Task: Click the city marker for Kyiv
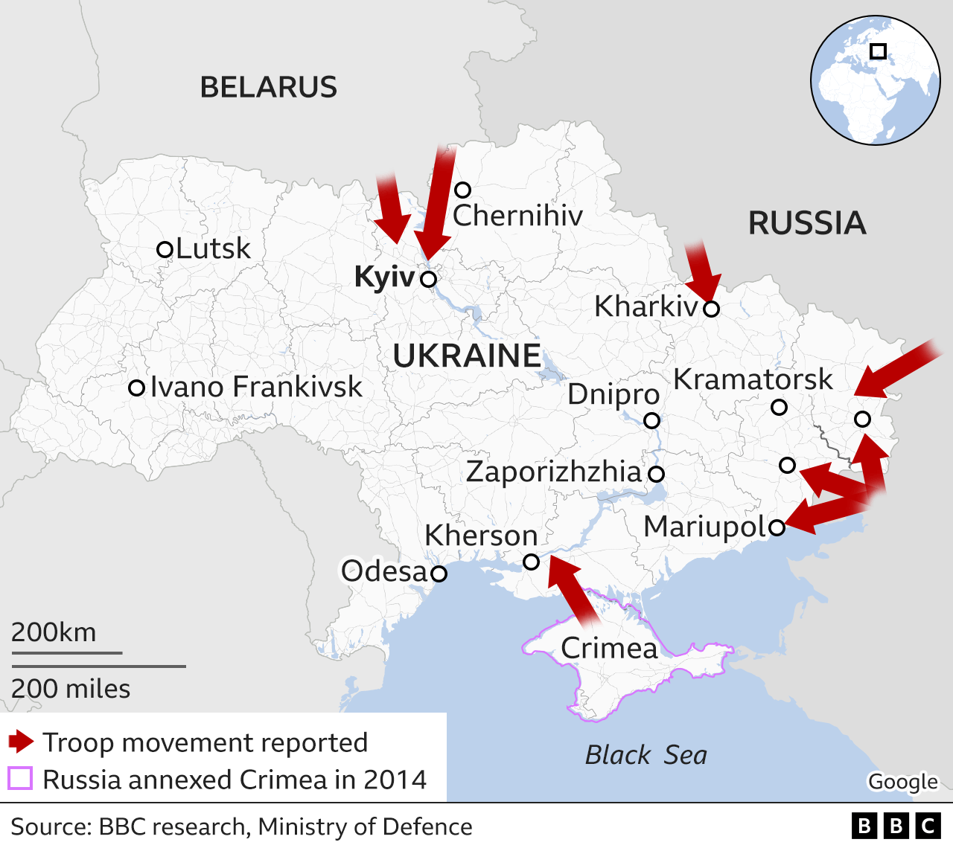point(428,279)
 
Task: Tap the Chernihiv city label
point(517,216)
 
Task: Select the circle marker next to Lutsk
point(165,249)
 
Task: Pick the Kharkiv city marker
point(711,309)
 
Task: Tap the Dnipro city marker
point(651,420)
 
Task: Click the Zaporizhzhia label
point(553,472)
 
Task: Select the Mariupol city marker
point(777,527)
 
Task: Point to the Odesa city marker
point(439,574)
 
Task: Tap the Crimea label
point(609,648)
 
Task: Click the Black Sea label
point(646,755)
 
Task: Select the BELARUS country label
point(268,88)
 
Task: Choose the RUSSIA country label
point(807,223)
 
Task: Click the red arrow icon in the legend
point(21,742)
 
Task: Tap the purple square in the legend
point(20,779)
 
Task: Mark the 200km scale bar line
point(66,653)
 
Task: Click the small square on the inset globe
point(879,51)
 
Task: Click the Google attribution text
point(902,782)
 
